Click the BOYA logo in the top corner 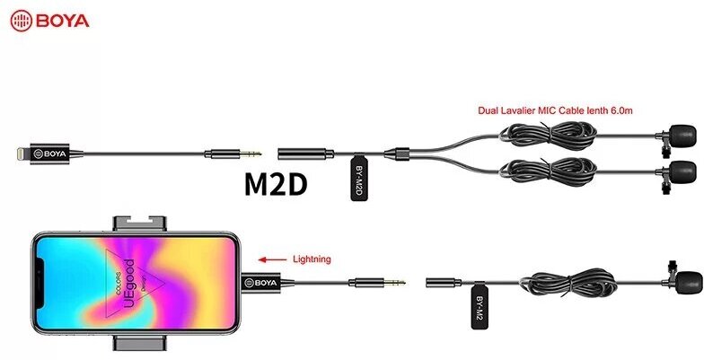click(x=48, y=19)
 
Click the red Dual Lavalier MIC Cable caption click(x=555, y=110)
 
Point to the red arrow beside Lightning click(x=267, y=259)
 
